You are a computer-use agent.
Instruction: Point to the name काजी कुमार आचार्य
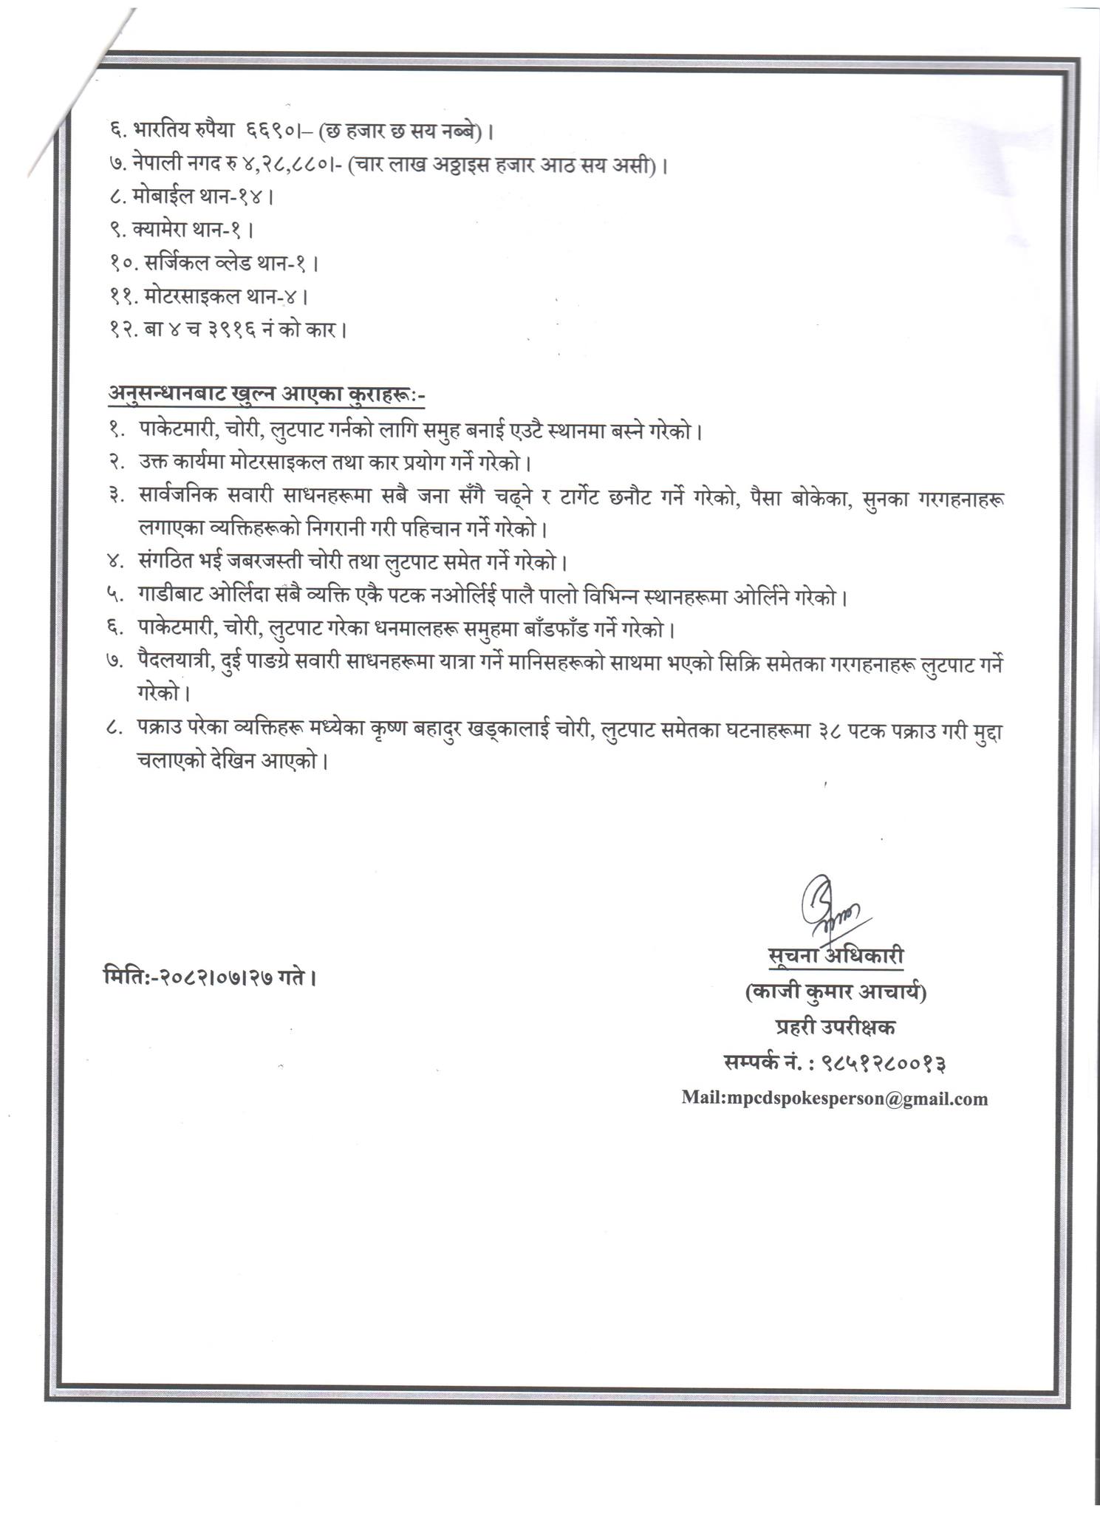pos(835,994)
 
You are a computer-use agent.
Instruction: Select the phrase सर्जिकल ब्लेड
pos(199,263)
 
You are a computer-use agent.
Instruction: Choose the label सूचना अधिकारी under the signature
pos(835,956)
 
